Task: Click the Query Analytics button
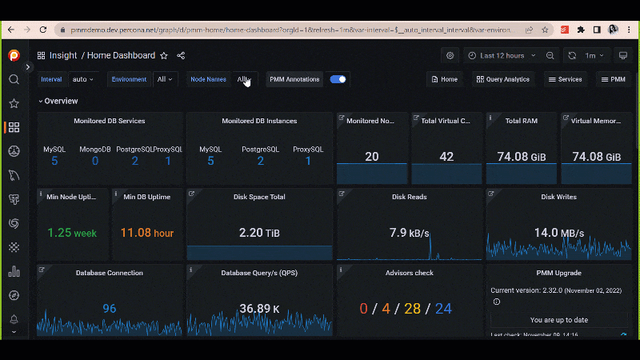point(502,79)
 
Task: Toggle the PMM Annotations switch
point(338,79)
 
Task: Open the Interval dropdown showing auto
point(83,79)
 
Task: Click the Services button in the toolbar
point(564,79)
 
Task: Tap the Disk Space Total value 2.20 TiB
point(260,233)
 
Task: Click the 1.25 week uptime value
point(72,233)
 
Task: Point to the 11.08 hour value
point(146,233)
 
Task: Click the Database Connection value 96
point(110,309)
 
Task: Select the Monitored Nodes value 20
point(372,157)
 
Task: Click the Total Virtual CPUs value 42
point(446,157)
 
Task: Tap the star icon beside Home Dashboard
point(164,56)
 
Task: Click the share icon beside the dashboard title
point(181,56)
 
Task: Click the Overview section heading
point(61,101)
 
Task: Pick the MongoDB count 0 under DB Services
point(95,161)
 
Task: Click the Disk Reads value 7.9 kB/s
point(409,233)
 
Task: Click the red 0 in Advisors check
point(363,309)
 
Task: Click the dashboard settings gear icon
point(450,55)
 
